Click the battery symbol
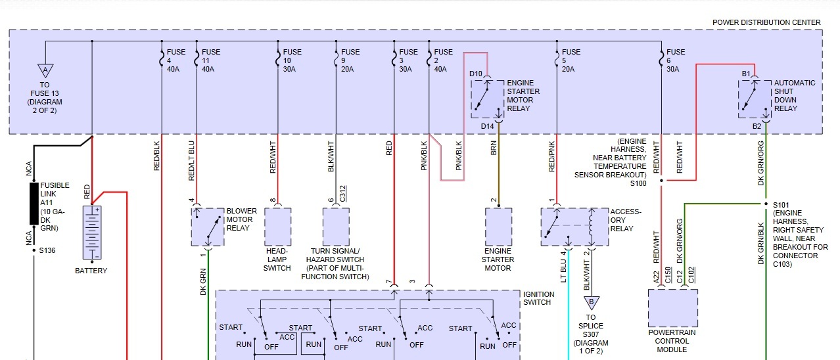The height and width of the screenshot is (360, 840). tap(92, 233)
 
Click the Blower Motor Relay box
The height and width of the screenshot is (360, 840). tap(208, 227)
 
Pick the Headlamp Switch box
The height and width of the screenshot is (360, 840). tap(277, 227)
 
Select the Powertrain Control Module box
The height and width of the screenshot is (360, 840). tap(672, 307)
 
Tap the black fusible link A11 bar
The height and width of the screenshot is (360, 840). tap(34, 204)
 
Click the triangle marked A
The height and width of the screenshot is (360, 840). tap(45, 70)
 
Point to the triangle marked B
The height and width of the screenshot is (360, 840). tap(591, 303)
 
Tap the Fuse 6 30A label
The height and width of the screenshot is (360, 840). tap(676, 60)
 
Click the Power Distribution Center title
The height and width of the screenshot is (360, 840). tap(766, 22)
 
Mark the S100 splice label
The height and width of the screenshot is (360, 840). tap(639, 183)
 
